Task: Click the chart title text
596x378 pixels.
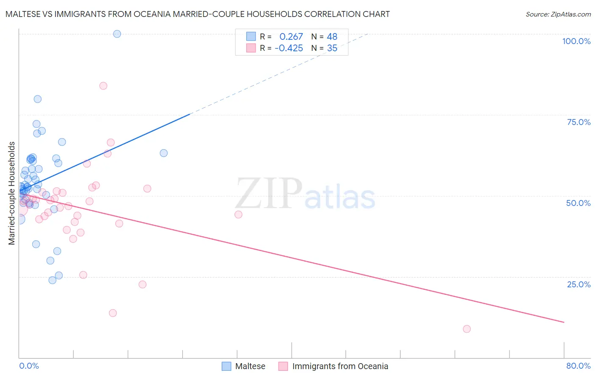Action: pos(198,14)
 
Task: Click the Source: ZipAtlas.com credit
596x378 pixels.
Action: pos(558,14)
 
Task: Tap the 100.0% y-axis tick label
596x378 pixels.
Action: pos(576,41)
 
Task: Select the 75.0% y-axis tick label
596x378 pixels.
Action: pos(579,122)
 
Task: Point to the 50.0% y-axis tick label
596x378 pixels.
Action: pos(578,203)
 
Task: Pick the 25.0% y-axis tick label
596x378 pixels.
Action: pos(579,284)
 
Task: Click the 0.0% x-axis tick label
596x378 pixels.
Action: pos(29,366)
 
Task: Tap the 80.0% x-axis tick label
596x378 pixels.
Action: pos(578,366)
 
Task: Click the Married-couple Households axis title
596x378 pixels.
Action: pos(12,193)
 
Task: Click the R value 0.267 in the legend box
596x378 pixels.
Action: pos(291,37)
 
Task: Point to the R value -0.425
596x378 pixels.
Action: pos(289,48)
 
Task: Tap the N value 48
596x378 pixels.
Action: pos(332,37)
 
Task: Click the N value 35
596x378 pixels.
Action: pos(332,48)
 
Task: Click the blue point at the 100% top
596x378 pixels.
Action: pos(117,34)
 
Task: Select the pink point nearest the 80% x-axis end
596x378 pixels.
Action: pos(467,329)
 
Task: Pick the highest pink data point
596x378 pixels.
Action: pos(103,86)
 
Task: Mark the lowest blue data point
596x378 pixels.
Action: pos(53,280)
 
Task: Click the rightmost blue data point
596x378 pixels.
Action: pos(164,153)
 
